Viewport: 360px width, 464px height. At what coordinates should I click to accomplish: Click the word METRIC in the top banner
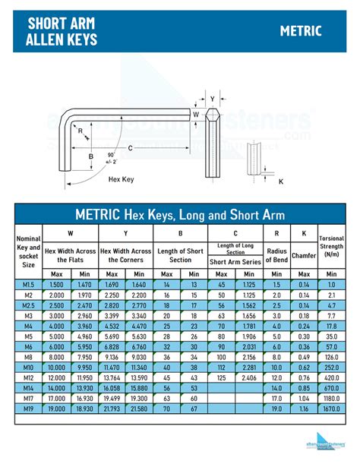(x=301, y=31)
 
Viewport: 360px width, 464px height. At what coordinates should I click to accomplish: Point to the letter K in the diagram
(x=281, y=181)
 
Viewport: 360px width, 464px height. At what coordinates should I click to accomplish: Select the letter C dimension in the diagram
(x=131, y=147)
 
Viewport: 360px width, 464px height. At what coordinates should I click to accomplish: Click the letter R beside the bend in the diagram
(x=81, y=130)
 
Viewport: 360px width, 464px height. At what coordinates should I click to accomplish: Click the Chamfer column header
(x=304, y=255)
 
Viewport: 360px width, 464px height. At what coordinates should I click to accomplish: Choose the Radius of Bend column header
(x=276, y=255)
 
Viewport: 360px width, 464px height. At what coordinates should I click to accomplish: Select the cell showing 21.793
(x=112, y=408)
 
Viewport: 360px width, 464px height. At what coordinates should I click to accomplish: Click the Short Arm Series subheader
(x=235, y=261)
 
